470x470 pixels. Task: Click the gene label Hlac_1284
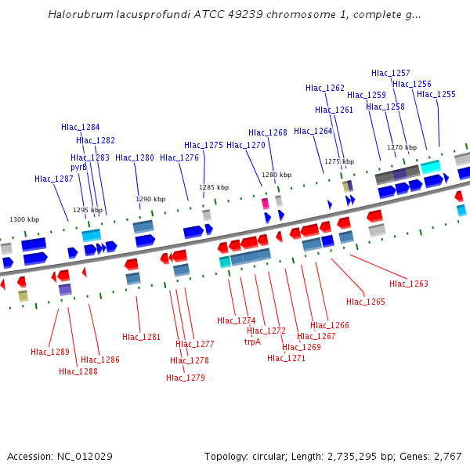pos(81,127)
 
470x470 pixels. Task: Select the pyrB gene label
pos(79,167)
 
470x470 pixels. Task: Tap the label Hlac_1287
pos(54,179)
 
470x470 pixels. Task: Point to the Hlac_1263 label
pos(409,284)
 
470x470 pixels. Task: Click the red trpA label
pos(252,342)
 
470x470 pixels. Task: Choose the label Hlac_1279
pos(186,378)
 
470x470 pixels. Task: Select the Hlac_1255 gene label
pos(436,94)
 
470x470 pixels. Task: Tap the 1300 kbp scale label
pos(24,219)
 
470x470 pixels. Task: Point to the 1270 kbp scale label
pos(402,147)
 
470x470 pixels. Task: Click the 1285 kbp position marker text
pos(214,187)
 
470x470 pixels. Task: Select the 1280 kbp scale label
pos(277,175)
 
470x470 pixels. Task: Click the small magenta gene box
pos(265,203)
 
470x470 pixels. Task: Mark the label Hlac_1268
pos(268,133)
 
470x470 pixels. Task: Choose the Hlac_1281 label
pos(142,338)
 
